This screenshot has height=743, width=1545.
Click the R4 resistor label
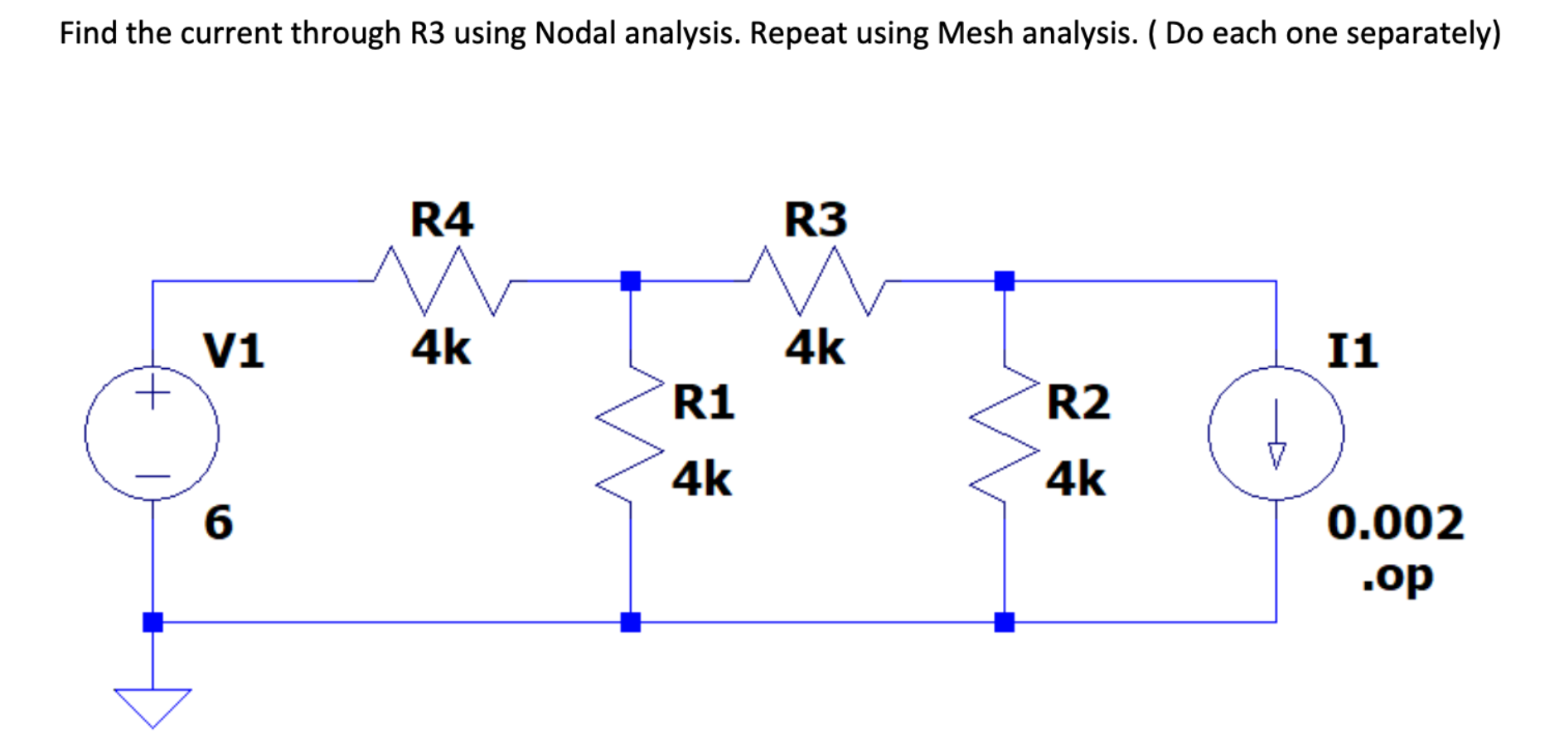442,220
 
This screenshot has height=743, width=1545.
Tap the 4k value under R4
441,347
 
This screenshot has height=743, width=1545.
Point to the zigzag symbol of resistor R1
631,435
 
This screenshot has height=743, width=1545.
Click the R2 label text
1078,402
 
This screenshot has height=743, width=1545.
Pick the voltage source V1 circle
153,433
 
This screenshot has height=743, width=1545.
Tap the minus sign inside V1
153,476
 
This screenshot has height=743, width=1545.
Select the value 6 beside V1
219,522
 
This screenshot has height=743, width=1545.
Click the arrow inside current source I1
1276,435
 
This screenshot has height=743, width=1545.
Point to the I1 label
1352,350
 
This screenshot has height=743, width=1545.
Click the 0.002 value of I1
1395,522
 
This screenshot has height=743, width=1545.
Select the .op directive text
1397,575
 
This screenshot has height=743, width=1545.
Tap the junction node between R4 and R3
631,281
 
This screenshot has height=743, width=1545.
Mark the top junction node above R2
1005,281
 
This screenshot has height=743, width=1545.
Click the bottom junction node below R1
631,622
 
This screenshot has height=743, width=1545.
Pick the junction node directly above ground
153,622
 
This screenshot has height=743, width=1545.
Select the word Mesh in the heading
974,33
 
